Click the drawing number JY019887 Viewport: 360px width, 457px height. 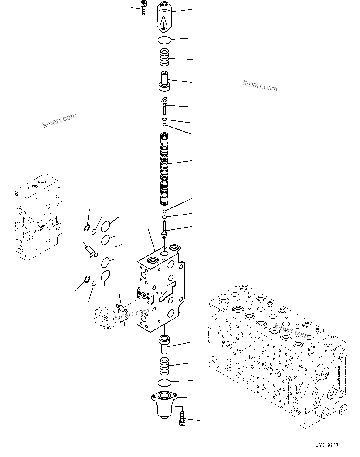coord(327,446)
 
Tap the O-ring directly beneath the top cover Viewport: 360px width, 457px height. coord(164,40)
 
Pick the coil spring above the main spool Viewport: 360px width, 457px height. coord(164,57)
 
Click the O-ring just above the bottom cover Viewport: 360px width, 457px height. coord(164,383)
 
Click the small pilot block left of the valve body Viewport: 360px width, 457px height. coord(104,317)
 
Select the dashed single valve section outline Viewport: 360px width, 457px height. coord(37,217)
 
